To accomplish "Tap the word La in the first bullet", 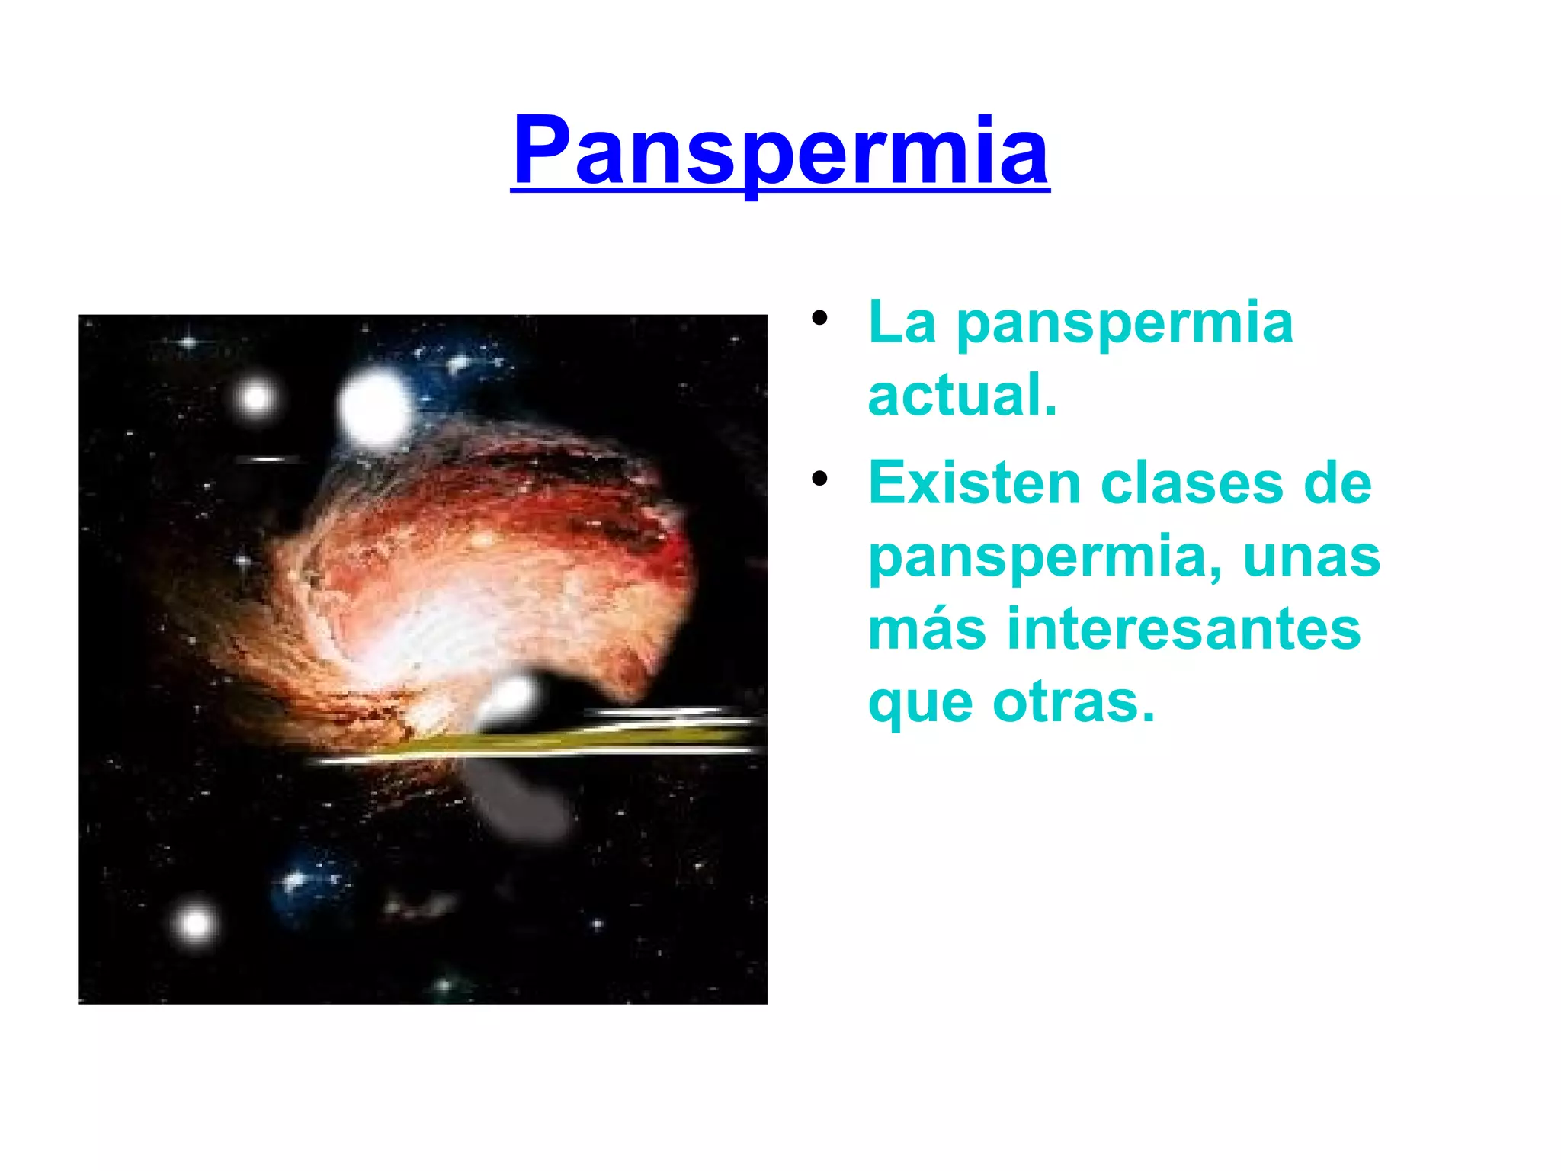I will point(902,323).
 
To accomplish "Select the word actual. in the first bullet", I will point(963,396).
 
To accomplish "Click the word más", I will point(927,629).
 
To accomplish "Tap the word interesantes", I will point(1184,629).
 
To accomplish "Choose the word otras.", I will point(1074,702).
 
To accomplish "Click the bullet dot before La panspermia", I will point(819,318).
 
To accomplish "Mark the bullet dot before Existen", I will point(819,479).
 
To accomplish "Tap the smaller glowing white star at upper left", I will point(255,397).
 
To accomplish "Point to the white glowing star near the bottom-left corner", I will point(196,924).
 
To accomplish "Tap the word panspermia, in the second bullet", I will point(1044,558).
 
